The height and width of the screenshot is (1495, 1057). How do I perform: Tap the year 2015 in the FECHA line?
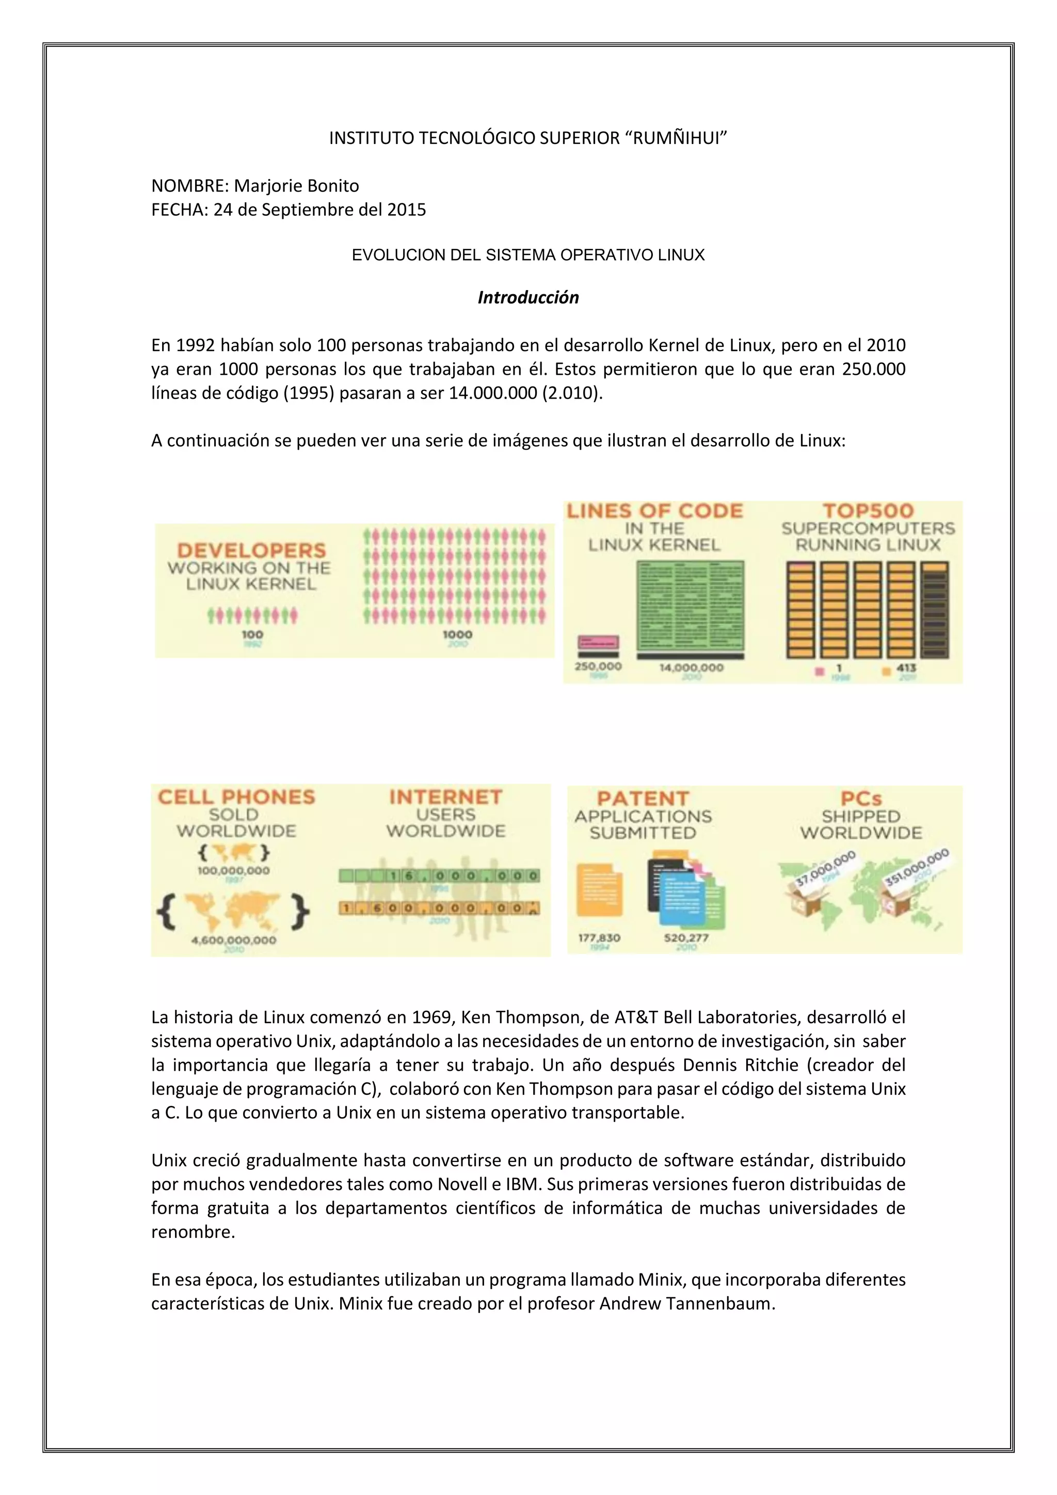click(x=406, y=210)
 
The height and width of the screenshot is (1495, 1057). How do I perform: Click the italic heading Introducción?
click(x=528, y=297)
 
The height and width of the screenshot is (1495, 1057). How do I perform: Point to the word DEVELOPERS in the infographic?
click(x=251, y=550)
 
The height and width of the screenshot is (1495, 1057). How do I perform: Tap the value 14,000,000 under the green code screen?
click(x=691, y=667)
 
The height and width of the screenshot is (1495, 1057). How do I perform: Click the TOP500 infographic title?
click(x=868, y=511)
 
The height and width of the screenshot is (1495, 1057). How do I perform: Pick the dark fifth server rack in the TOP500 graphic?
click(x=935, y=610)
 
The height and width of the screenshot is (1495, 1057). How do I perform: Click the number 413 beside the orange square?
click(x=906, y=667)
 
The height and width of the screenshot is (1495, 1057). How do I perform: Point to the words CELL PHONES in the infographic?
click(x=236, y=797)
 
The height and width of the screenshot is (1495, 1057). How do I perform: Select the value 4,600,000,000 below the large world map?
click(x=234, y=940)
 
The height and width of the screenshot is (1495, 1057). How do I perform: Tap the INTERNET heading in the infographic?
click(x=446, y=797)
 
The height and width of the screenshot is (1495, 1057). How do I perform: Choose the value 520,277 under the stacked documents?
click(x=686, y=937)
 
